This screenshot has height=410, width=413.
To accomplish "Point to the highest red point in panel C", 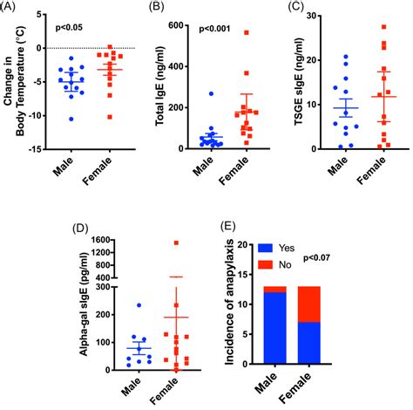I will coord(383,27).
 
